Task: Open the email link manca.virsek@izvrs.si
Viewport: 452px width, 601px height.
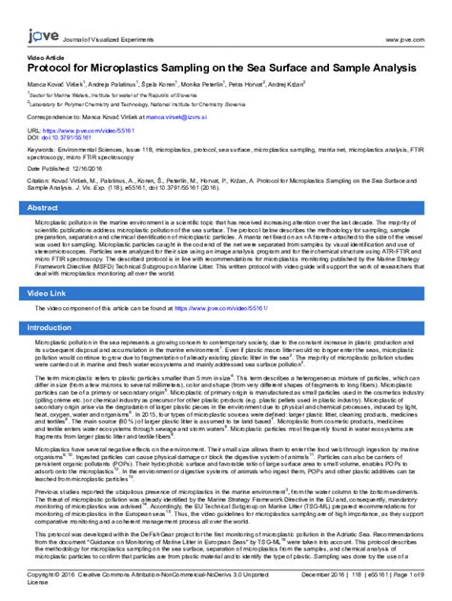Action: coord(170,115)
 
